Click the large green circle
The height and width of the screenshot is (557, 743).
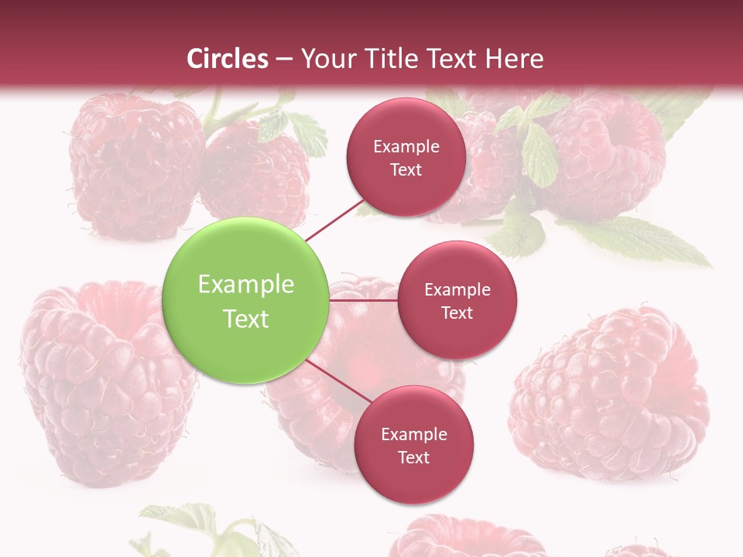(x=246, y=301)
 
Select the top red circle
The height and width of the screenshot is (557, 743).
(x=406, y=157)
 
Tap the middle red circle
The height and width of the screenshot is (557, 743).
(x=457, y=300)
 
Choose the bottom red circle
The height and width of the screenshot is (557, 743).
(x=413, y=445)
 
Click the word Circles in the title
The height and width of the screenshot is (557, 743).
(x=228, y=59)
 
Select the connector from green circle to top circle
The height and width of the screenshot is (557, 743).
(x=334, y=219)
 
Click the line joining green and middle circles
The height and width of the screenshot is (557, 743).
(x=364, y=300)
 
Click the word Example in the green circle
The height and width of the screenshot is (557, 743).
(x=246, y=285)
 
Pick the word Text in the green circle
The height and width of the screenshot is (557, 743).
(x=246, y=319)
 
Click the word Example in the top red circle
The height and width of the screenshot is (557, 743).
(x=406, y=147)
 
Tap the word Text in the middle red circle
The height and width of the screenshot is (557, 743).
(x=457, y=313)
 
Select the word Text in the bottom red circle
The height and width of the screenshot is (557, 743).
(x=413, y=457)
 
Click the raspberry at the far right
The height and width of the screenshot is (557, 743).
(x=611, y=395)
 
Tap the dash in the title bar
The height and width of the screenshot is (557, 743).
(x=284, y=59)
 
